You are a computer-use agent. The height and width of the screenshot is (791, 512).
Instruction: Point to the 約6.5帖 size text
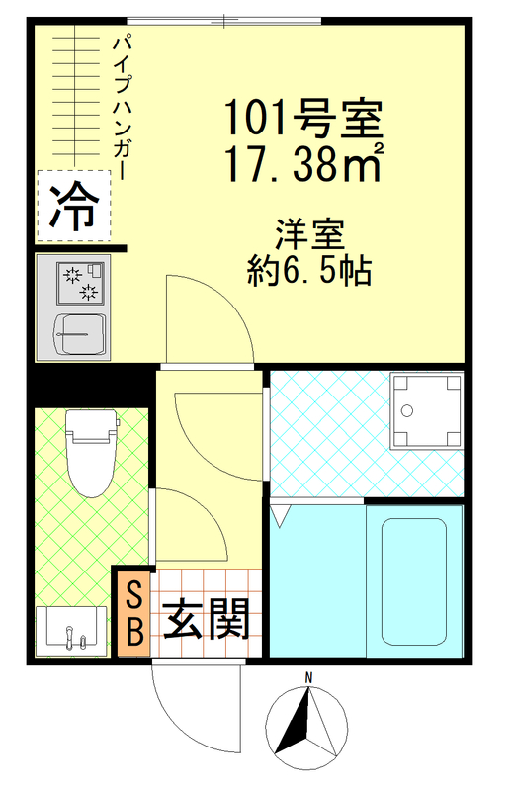[308, 270]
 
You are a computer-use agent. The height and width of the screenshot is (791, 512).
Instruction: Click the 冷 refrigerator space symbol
[74, 206]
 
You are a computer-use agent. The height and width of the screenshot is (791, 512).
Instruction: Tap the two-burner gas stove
[80, 282]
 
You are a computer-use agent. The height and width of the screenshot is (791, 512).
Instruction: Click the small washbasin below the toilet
[71, 629]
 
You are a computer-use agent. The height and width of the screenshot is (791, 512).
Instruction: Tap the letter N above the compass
[308, 677]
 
